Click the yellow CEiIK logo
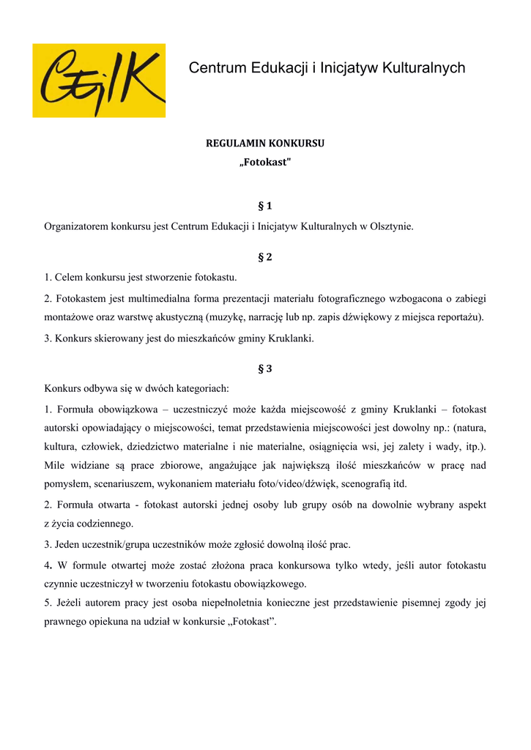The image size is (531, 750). [99, 81]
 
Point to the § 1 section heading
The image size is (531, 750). [265, 206]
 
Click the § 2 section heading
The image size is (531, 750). [265, 257]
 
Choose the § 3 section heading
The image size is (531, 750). [265, 368]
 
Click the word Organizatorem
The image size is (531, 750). [76, 226]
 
